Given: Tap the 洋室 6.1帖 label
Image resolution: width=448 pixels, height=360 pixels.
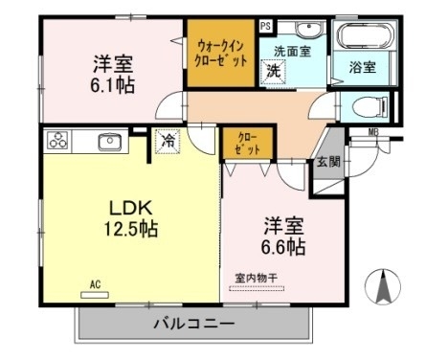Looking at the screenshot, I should click(x=113, y=74).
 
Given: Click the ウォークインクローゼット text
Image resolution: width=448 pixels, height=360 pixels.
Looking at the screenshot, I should click(x=222, y=54).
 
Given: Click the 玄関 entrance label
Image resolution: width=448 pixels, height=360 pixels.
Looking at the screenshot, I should click(x=327, y=162).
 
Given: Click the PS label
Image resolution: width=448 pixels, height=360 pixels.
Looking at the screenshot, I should click(x=264, y=26).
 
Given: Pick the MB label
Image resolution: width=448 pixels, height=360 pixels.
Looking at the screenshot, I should click(x=373, y=132).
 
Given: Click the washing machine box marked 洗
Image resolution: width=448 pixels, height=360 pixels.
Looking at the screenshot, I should click(x=273, y=72).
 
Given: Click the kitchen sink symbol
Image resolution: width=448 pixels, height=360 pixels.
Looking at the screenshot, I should click(x=107, y=142).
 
